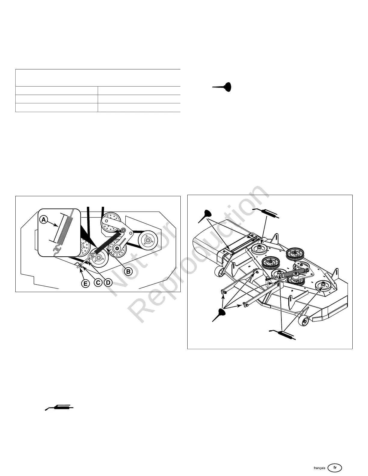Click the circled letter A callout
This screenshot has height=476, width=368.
coord(44,220)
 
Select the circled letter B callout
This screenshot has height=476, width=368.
coord(128,271)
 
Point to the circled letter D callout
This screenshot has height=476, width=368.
coord(108,283)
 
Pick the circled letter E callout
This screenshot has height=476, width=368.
coord(86,283)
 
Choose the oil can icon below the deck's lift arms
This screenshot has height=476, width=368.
coord(220,315)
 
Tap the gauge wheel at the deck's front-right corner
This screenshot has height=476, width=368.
coord(303,322)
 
